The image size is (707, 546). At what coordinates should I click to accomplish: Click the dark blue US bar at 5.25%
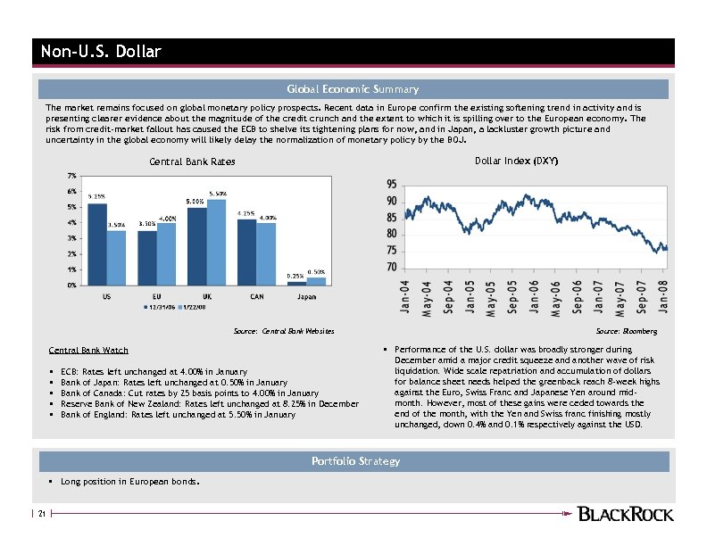click(x=97, y=244)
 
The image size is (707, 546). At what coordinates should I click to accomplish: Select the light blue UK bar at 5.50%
click(x=217, y=242)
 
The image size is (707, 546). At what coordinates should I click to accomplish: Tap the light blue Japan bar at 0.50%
click(x=316, y=281)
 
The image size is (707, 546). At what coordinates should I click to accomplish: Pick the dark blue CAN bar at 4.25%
click(x=246, y=252)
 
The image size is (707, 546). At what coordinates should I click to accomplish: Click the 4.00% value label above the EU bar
click(x=167, y=218)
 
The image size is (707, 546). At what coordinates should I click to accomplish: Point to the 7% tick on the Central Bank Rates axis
click(x=71, y=175)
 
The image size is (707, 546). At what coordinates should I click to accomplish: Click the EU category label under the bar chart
click(x=156, y=295)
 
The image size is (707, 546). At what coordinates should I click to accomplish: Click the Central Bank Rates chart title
click(x=192, y=161)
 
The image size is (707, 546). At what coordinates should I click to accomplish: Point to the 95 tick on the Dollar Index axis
click(x=392, y=185)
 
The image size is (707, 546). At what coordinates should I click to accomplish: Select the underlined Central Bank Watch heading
click(x=88, y=350)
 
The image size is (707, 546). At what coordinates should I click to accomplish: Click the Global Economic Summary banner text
click(x=352, y=89)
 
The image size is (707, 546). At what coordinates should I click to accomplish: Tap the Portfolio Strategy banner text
click(x=355, y=461)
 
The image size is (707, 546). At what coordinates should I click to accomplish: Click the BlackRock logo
click(x=625, y=514)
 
